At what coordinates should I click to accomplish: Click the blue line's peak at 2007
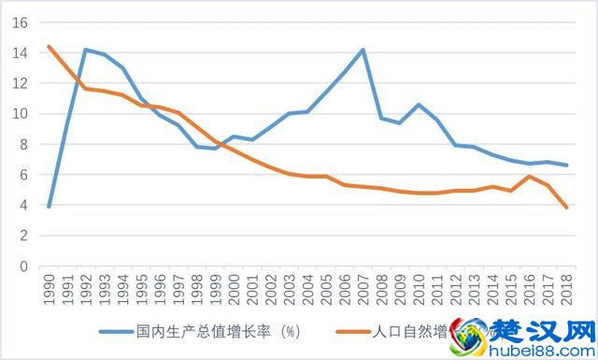pos(363,50)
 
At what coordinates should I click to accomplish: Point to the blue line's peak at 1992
pos(86,50)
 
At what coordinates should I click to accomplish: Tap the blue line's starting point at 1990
pos(49,207)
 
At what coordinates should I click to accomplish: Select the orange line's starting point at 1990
pos(49,47)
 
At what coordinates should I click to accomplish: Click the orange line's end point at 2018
pos(566,208)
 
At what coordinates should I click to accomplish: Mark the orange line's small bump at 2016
pos(529,176)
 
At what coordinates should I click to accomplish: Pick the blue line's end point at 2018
pos(566,166)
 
